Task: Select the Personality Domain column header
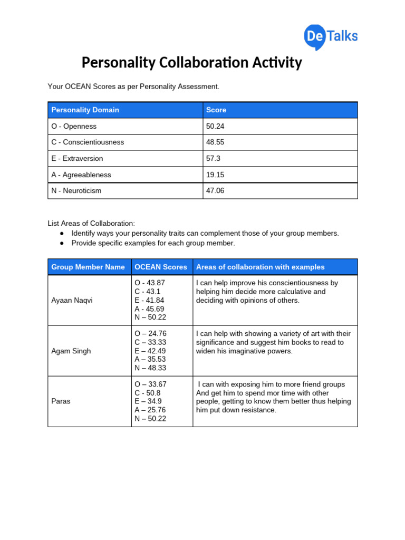coord(85,110)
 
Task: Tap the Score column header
coord(216,110)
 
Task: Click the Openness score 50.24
coord(215,127)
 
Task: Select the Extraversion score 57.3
coord(214,159)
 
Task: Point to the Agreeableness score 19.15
coord(215,175)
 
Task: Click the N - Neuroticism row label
coord(76,191)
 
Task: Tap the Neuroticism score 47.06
coord(215,191)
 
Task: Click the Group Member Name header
coord(88,267)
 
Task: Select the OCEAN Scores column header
coord(161,267)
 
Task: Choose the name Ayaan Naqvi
coord(72,301)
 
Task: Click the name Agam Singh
coord(71,351)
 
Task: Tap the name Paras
coord(60,401)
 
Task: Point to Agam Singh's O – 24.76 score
coord(150,334)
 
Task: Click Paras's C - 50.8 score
coord(148,393)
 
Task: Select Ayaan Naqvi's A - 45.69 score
coord(150,308)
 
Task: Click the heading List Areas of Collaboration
coord(91,224)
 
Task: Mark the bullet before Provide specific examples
coord(62,243)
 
